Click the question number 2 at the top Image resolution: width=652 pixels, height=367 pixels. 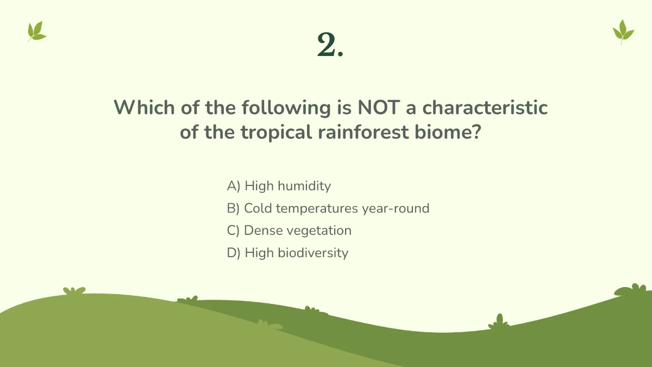[x=330, y=45]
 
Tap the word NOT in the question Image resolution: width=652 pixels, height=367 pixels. [x=377, y=108]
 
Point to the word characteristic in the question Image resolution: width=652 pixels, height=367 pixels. [x=485, y=108]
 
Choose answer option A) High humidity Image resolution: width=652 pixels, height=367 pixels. [x=279, y=186]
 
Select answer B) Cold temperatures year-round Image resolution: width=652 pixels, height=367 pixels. [x=328, y=208]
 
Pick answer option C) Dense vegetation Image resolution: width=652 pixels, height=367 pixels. [x=289, y=231]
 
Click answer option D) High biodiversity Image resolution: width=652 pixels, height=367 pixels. [x=287, y=253]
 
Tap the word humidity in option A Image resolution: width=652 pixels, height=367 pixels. [x=304, y=186]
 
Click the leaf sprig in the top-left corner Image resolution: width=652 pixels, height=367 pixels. [x=36, y=32]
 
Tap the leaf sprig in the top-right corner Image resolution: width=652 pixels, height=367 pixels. [x=623, y=32]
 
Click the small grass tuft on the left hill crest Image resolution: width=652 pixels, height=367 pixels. [x=74, y=291]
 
